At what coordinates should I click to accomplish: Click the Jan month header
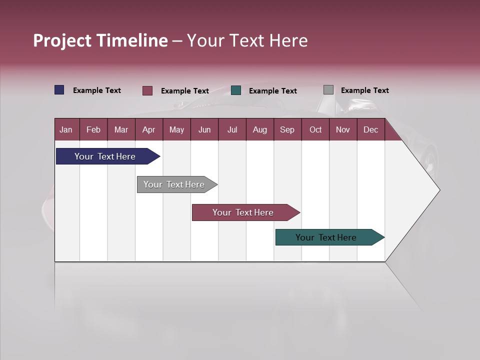pos(66,129)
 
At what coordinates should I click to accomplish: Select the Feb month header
pos(93,129)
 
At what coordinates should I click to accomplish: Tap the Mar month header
pos(121,129)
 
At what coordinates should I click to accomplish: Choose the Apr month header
pos(148,129)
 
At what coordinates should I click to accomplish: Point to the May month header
pos(176,129)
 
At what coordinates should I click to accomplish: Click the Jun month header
pos(204,129)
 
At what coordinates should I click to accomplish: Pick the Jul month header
pos(232,129)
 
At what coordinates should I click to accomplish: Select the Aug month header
pos(259,129)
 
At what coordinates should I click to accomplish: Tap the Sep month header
pos(287,129)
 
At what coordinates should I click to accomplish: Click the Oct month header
pos(315,129)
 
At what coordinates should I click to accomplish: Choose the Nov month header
pos(343,129)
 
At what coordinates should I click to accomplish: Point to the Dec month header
pos(370,129)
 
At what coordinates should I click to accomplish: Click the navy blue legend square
pos(59,90)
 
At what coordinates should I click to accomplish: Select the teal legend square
pos(236,90)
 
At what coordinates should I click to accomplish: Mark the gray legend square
pos(328,90)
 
